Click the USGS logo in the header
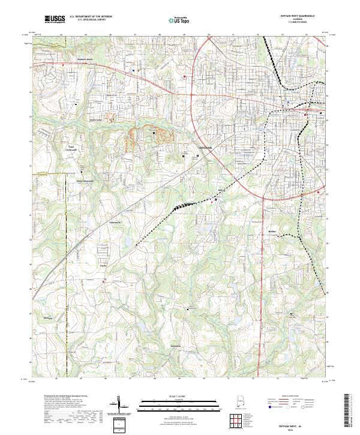(55, 19)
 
